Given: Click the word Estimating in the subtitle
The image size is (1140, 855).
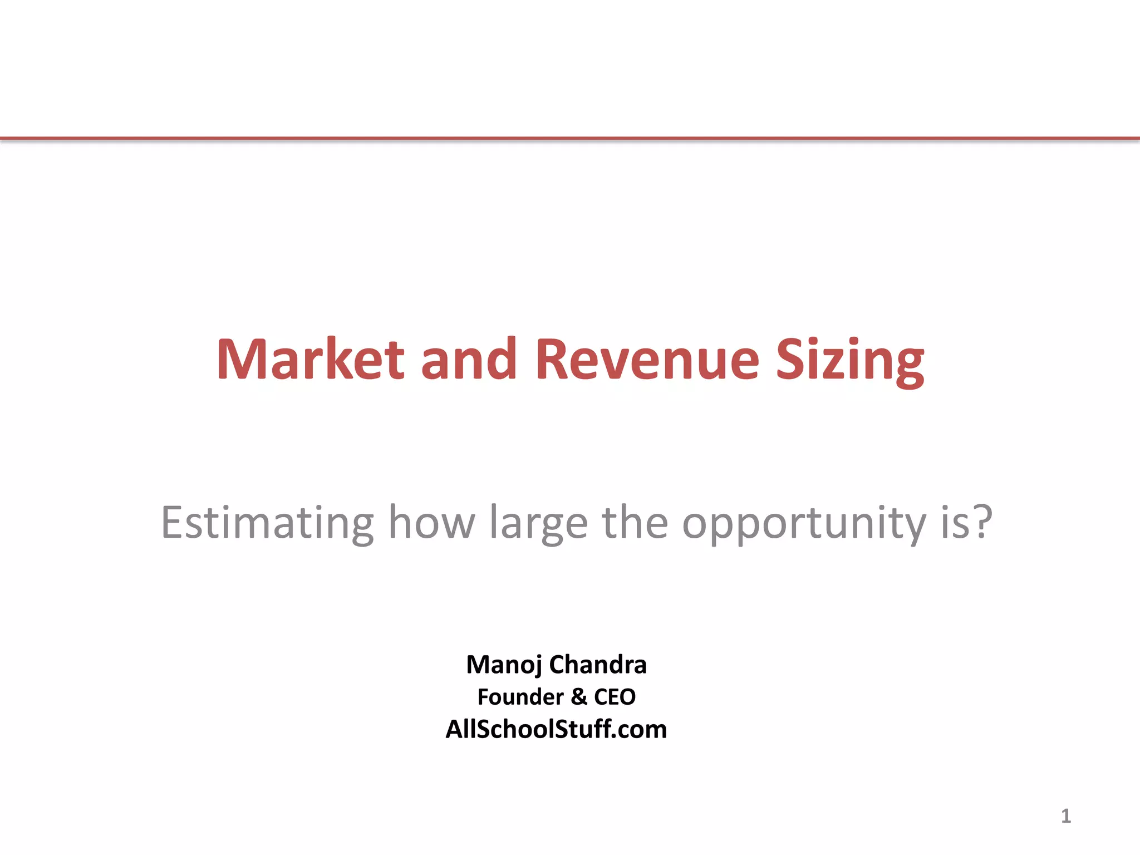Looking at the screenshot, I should pyautogui.click(x=267, y=523).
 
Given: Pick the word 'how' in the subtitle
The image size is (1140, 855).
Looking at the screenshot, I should pyautogui.click(x=432, y=523).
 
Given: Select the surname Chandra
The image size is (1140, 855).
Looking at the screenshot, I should pyautogui.click(x=598, y=665).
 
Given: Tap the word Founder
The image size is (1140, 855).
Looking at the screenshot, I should pyautogui.click(x=520, y=697).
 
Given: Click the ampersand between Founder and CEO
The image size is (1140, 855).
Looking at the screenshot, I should pyautogui.click(x=579, y=697).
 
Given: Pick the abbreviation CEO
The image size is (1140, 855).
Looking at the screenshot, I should pyautogui.click(x=615, y=697).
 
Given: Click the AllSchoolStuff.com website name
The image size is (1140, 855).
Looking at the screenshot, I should pyautogui.click(x=556, y=729).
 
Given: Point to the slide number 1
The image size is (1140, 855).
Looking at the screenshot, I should pyautogui.click(x=1065, y=816).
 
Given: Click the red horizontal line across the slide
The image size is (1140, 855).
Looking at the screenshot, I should pyautogui.click(x=570, y=138).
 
